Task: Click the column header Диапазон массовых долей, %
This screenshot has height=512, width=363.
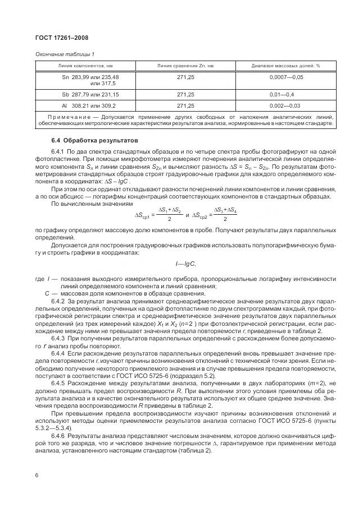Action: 286,66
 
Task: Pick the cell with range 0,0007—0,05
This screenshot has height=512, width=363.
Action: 286,77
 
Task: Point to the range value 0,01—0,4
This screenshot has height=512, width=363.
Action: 286,95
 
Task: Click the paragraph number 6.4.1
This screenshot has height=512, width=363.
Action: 58,153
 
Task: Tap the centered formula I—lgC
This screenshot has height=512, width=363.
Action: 185,264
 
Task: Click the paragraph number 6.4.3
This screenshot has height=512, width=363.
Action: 58,339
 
